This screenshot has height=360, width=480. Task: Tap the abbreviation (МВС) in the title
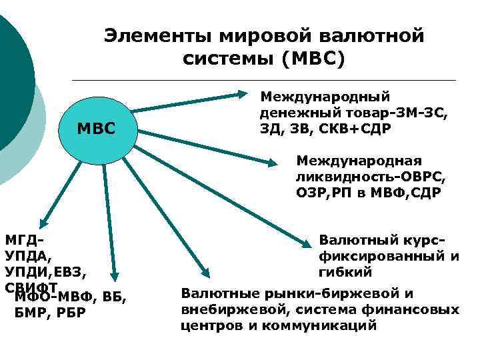point(313,59)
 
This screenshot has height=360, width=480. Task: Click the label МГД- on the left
point(23,239)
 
